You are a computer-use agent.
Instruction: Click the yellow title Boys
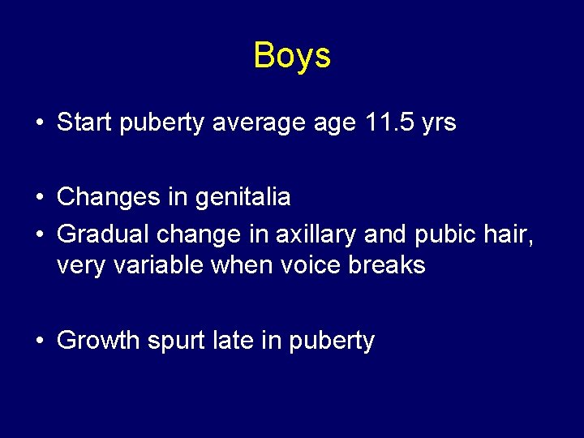[x=292, y=56]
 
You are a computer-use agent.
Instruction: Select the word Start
[x=86, y=123]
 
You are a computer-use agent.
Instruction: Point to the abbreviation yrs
[x=439, y=124]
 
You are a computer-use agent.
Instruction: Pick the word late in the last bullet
[x=234, y=341]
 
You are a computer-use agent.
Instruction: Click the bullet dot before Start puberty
[x=39, y=124]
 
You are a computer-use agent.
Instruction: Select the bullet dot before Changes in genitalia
[x=39, y=197]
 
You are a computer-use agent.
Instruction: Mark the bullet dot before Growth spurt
[x=39, y=341]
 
